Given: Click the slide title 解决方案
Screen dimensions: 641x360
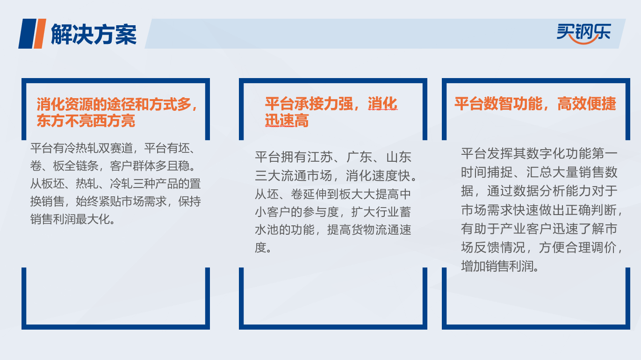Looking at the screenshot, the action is [x=94, y=34].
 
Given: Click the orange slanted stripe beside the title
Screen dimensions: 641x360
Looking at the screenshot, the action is [x=40, y=34].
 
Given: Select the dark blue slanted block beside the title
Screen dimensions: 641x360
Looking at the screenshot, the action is [x=28, y=34].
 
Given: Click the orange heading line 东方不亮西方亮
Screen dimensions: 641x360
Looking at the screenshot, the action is [x=86, y=121].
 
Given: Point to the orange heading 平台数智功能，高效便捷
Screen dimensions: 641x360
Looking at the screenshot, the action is [x=535, y=104].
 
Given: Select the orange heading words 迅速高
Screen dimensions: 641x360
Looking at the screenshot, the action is [x=287, y=121].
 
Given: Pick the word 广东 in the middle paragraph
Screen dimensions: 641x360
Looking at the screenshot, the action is [x=360, y=157].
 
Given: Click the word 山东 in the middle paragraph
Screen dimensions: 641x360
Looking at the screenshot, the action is [x=399, y=157].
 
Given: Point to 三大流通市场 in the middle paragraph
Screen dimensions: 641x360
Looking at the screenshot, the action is [x=294, y=175].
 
